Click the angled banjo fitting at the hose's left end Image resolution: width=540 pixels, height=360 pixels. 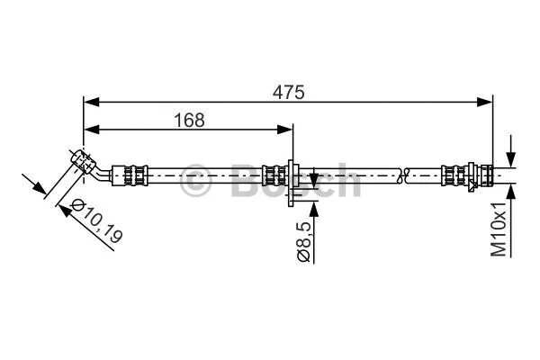[84, 162]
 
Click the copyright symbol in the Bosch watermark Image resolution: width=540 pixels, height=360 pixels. [196, 180]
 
